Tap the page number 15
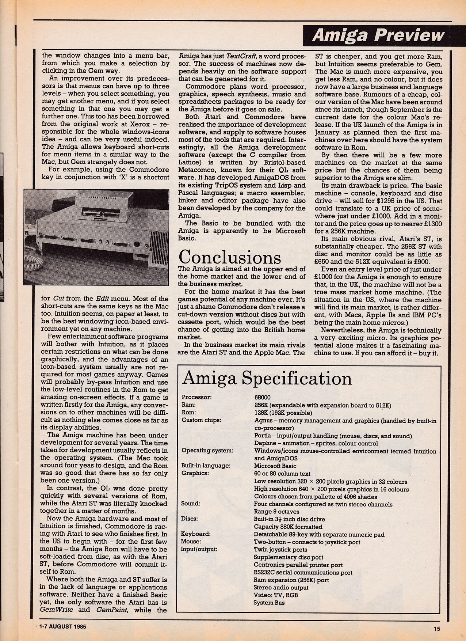coord(437,629)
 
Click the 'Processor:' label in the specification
coord(196,397)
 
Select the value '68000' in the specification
coord(263,397)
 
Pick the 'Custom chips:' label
coord(201,420)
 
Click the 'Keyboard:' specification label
coord(196,534)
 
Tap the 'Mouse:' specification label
coord(191,542)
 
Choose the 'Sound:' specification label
coord(191,504)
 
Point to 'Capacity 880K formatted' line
coord(288,527)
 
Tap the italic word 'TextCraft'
coord(242,56)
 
